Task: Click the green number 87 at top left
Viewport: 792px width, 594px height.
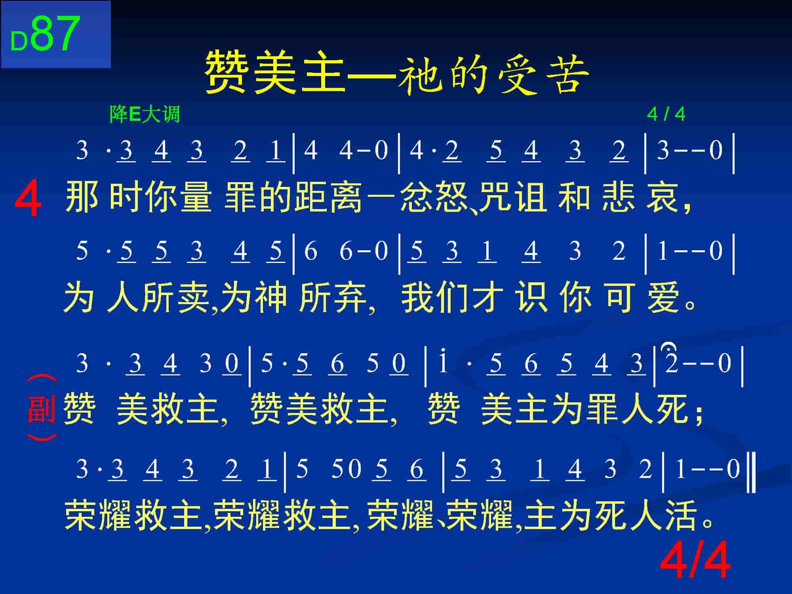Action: tap(55, 34)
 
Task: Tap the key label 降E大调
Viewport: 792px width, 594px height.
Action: tap(145, 115)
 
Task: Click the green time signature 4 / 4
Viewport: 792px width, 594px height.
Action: tap(666, 114)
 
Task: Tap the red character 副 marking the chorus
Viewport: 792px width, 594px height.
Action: tap(42, 408)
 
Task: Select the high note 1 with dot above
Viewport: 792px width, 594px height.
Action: tap(443, 360)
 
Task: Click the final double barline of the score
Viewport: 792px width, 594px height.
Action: tap(752, 474)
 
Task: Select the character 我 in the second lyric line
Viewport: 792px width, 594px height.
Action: tap(417, 297)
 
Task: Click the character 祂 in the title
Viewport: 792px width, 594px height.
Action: tap(421, 74)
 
